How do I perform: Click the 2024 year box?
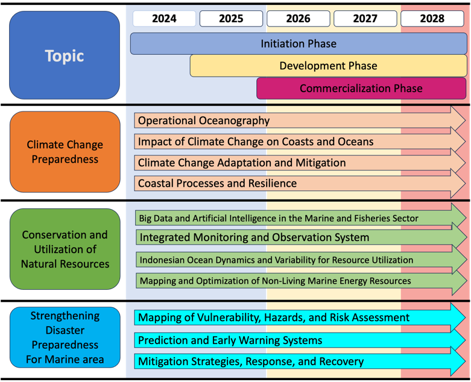(x=164, y=19)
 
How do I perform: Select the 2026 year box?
(x=299, y=19)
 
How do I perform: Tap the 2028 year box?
(x=432, y=19)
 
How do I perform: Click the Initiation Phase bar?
(x=299, y=44)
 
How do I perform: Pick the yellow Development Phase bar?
(x=328, y=66)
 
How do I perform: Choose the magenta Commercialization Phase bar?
(x=361, y=88)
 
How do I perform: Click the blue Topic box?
(x=65, y=55)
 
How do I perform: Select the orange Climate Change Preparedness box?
(x=65, y=152)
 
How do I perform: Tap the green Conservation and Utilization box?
(x=65, y=249)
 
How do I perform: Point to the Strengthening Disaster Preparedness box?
(x=65, y=337)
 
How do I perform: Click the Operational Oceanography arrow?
(x=300, y=121)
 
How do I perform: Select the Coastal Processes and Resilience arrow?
(x=300, y=183)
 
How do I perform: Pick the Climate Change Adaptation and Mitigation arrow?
(x=300, y=163)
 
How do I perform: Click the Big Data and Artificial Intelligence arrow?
(x=300, y=218)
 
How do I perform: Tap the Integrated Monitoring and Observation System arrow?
(x=302, y=237)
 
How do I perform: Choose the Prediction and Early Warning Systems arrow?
(x=300, y=340)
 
